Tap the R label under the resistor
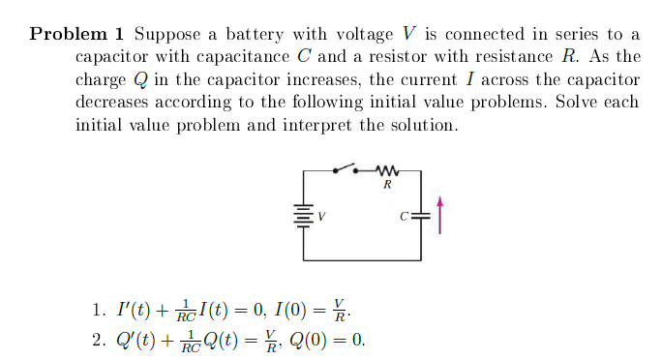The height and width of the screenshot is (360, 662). coord(387,184)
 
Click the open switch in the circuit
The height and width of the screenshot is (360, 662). coord(346,170)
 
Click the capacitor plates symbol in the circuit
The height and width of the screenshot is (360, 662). coord(420,216)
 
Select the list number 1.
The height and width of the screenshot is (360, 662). coord(99,312)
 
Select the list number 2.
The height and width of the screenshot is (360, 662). coord(99,340)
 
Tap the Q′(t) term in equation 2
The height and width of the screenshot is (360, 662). coord(135,340)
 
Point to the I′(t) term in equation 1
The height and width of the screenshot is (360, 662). coord(133,312)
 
